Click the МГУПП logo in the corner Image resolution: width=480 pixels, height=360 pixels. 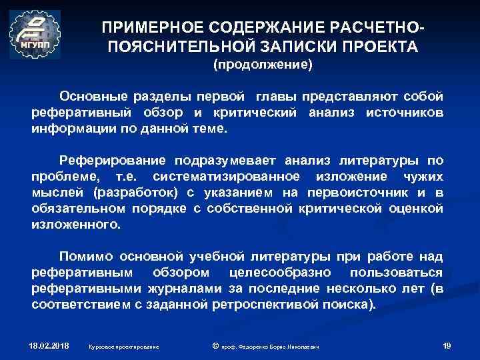pos(35,33)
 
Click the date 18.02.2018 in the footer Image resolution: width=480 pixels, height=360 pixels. pos(49,345)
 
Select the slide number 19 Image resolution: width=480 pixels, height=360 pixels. pos(447,345)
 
